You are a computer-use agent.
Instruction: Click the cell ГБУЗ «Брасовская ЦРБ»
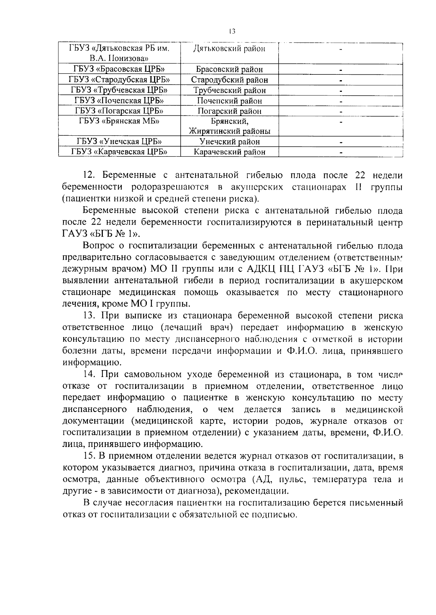point(119,69)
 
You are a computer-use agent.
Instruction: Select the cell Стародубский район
point(229,79)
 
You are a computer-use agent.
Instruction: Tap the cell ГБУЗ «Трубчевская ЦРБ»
point(119,90)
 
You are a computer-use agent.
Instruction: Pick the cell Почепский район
point(229,101)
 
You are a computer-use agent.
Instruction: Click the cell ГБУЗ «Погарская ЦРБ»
point(119,111)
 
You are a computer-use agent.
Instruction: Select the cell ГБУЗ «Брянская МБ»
point(119,121)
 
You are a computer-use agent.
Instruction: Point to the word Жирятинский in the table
point(213,131)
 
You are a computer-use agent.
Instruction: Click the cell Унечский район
point(229,142)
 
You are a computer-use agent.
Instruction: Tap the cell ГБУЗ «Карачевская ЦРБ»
point(119,152)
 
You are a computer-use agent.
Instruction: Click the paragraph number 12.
point(89,175)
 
